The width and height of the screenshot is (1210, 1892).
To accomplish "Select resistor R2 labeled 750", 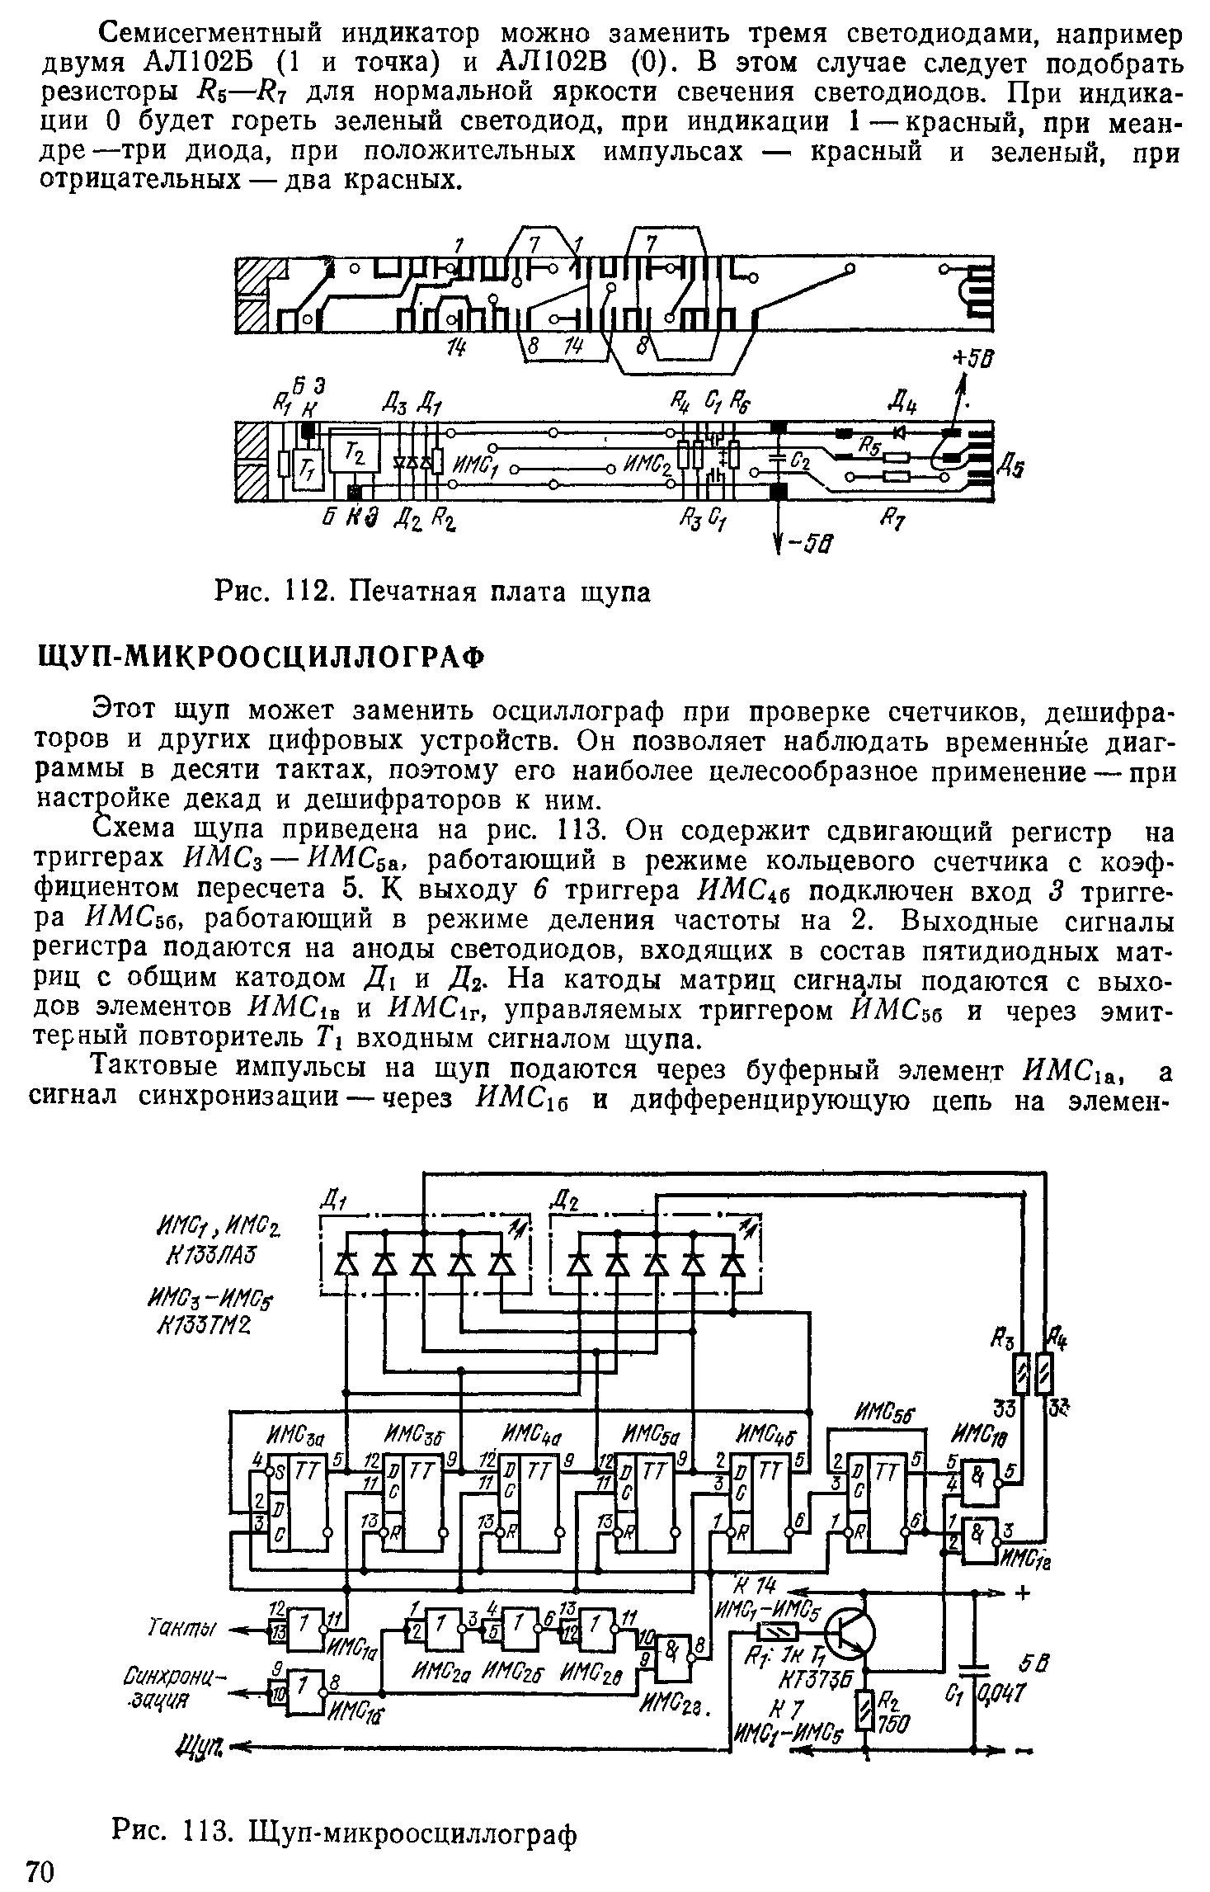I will pyautogui.click(x=865, y=1707).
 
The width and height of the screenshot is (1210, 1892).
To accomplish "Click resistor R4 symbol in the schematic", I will pyautogui.click(x=1044, y=1375).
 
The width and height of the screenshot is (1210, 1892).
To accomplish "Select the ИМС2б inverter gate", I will pyautogui.click(x=516, y=1626).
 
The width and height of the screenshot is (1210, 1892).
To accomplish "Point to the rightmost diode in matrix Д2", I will pyautogui.click(x=732, y=1263).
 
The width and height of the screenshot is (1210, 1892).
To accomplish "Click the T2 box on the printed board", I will pyautogui.click(x=355, y=451).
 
